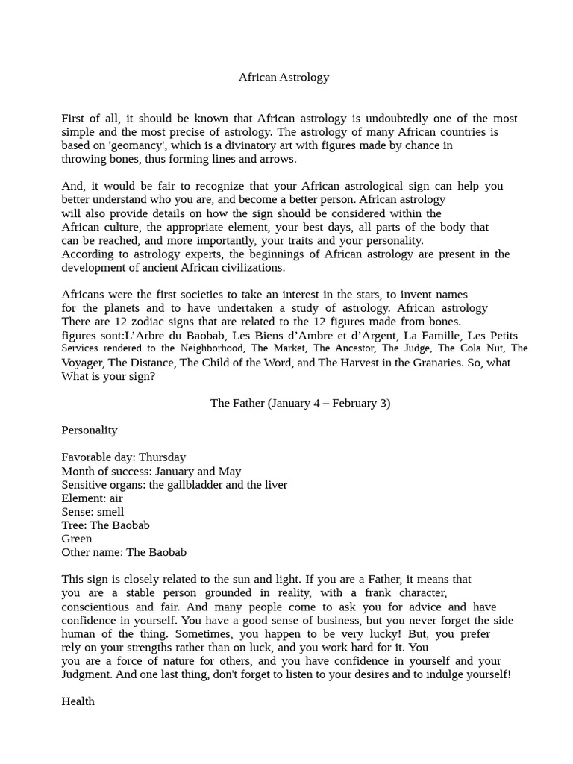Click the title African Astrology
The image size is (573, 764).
[x=284, y=77]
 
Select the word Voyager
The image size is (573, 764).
[x=82, y=363]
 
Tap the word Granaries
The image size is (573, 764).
[x=425, y=363]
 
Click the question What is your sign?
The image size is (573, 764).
[x=108, y=376]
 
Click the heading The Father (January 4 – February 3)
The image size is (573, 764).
[x=300, y=403]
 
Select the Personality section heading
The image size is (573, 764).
[x=90, y=430]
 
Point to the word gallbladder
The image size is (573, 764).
[x=195, y=484]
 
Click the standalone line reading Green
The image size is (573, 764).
[x=77, y=539]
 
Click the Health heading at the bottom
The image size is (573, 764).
[x=78, y=701]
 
